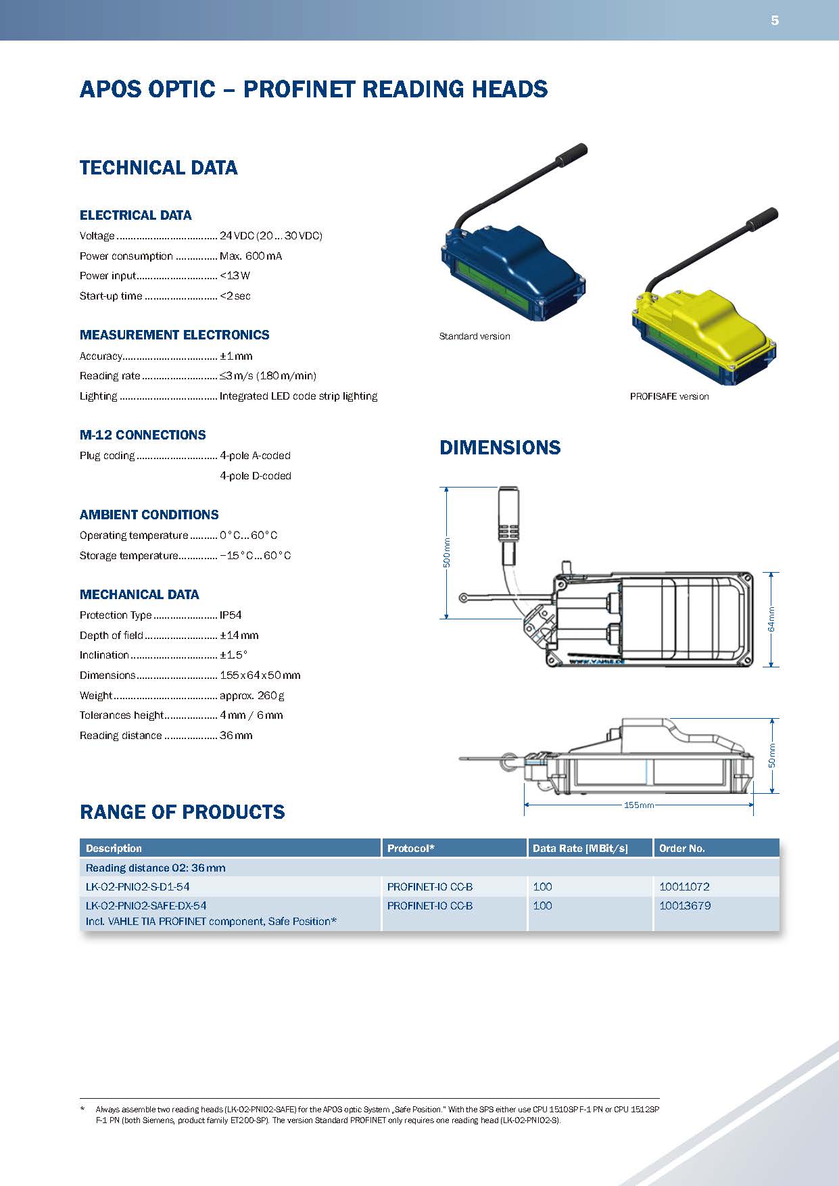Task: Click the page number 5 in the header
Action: [x=775, y=20]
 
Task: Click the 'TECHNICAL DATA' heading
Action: [x=158, y=168]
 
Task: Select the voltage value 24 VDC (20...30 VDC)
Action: [x=270, y=236]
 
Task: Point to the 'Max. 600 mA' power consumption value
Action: [x=251, y=256]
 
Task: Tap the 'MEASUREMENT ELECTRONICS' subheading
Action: [x=174, y=335]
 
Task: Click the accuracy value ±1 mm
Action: [x=236, y=356]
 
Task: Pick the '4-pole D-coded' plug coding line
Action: [x=256, y=476]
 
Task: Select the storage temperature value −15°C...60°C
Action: [x=256, y=556]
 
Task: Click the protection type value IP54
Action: [x=231, y=615]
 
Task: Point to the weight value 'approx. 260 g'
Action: [x=252, y=696]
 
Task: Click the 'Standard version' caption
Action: [x=475, y=336]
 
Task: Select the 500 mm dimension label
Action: [x=446, y=552]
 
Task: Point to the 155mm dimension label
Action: [x=639, y=805]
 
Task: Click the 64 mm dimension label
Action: [x=771, y=619]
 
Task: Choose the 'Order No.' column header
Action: [x=682, y=849]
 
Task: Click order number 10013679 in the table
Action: [x=685, y=906]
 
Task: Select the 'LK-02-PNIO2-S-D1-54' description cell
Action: [x=143, y=886]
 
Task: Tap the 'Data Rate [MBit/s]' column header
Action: [x=580, y=849]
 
